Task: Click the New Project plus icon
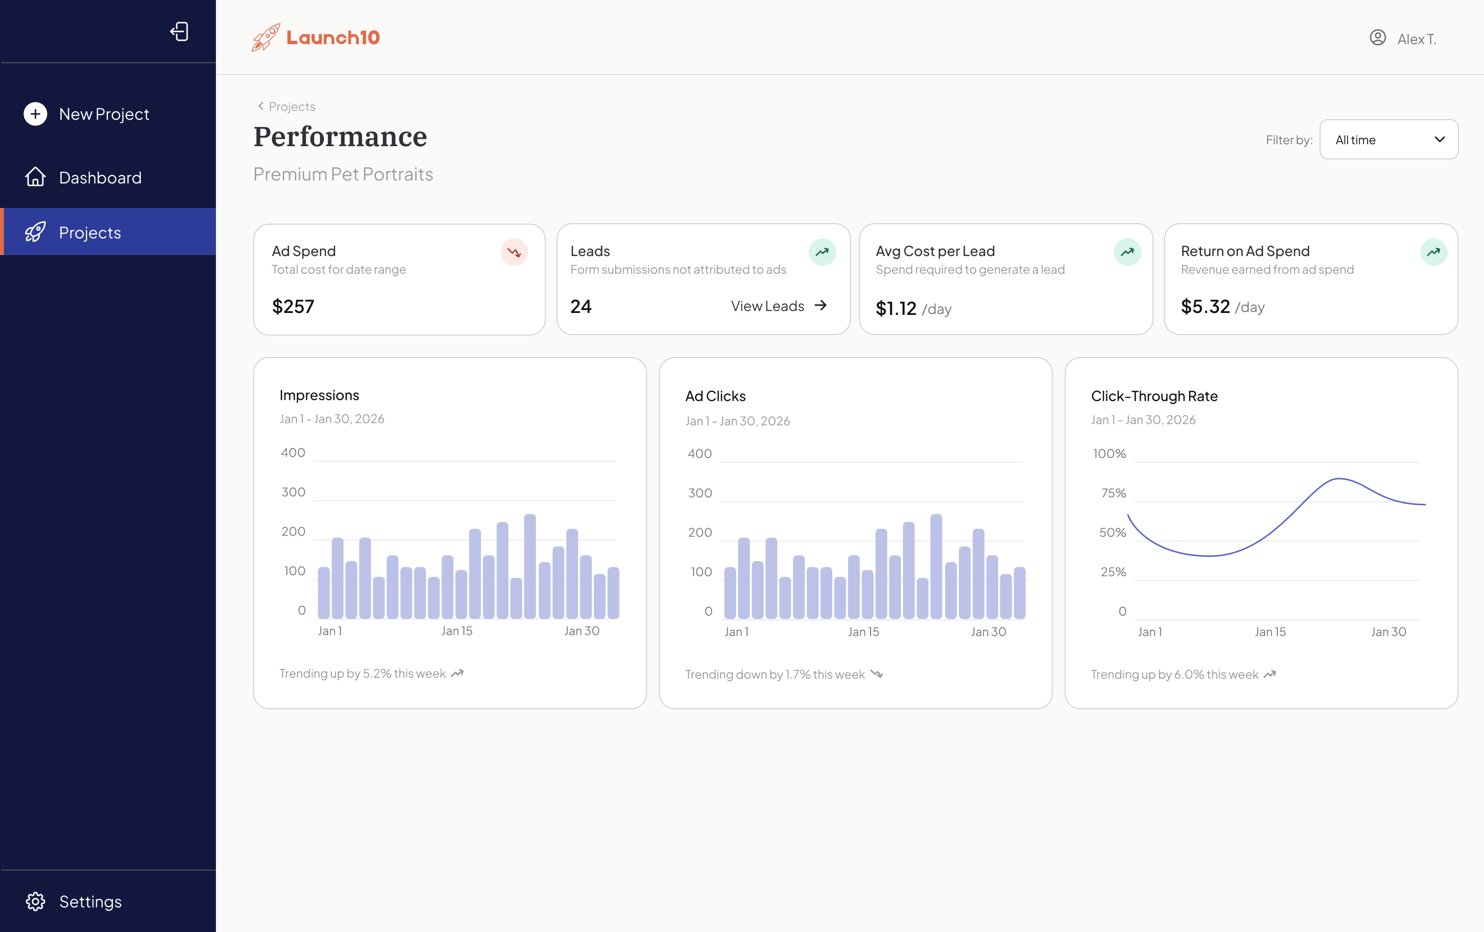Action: [x=35, y=114]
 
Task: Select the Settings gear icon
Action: [x=35, y=901]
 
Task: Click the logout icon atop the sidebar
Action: [x=179, y=31]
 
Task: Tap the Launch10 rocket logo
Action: [x=266, y=38]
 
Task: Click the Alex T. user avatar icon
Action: [x=1378, y=38]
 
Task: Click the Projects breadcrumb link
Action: [x=291, y=106]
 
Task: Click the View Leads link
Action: [x=778, y=306]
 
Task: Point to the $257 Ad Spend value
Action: [x=293, y=306]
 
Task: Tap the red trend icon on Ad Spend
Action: [x=514, y=252]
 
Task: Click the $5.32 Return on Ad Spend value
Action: [x=1205, y=306]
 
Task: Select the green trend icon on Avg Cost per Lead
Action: [x=1127, y=252]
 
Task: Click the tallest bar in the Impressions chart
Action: [x=530, y=566]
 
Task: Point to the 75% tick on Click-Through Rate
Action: [x=1113, y=493]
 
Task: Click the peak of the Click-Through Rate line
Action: [x=1339, y=479]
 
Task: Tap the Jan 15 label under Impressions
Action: [x=457, y=631]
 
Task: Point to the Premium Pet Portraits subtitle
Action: [x=343, y=174]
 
